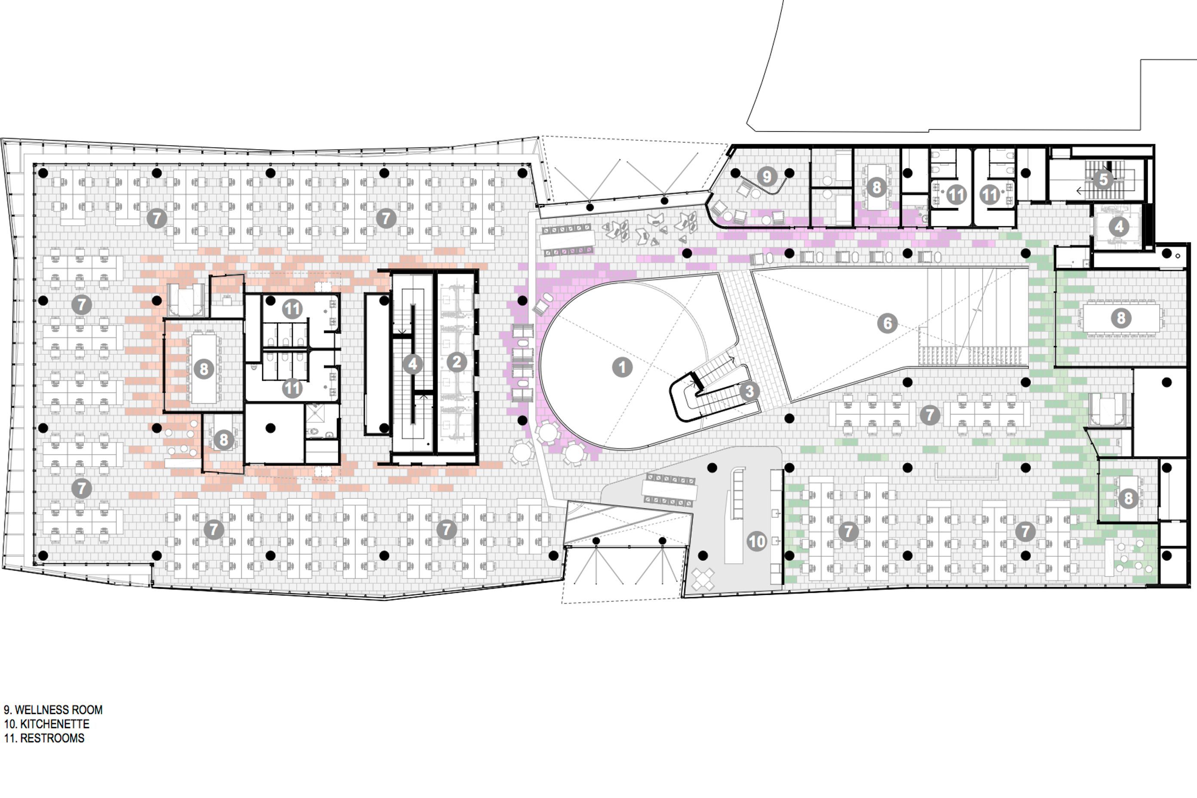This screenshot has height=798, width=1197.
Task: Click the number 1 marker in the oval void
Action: pyautogui.click(x=622, y=367)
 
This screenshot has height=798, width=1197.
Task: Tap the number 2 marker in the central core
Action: pyautogui.click(x=457, y=362)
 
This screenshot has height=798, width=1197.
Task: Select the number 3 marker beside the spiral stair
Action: pyautogui.click(x=749, y=391)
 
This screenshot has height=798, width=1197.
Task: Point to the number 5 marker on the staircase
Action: pyautogui.click(x=1103, y=180)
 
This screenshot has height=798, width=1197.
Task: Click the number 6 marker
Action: pyautogui.click(x=887, y=323)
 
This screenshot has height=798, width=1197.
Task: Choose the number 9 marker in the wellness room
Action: pyautogui.click(x=767, y=176)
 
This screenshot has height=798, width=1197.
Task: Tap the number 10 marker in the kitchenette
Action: pyautogui.click(x=757, y=541)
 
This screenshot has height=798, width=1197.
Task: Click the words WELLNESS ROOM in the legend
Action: pyautogui.click(x=58, y=710)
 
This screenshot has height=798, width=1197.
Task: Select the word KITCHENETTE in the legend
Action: pyautogui.click(x=55, y=724)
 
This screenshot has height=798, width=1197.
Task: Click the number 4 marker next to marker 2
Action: pyautogui.click(x=413, y=364)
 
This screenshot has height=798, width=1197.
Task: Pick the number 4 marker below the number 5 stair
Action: pyautogui.click(x=1119, y=227)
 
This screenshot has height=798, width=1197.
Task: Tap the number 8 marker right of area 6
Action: pyautogui.click(x=1120, y=318)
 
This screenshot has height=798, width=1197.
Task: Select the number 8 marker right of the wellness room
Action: pyautogui.click(x=876, y=187)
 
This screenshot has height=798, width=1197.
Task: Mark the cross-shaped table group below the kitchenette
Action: pyautogui.click(x=703, y=579)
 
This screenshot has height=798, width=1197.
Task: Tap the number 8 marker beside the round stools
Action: pyautogui.click(x=224, y=440)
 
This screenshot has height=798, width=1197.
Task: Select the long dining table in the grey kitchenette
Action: pyautogui.click(x=669, y=490)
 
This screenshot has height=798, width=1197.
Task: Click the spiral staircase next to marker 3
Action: pyautogui.click(x=710, y=390)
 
